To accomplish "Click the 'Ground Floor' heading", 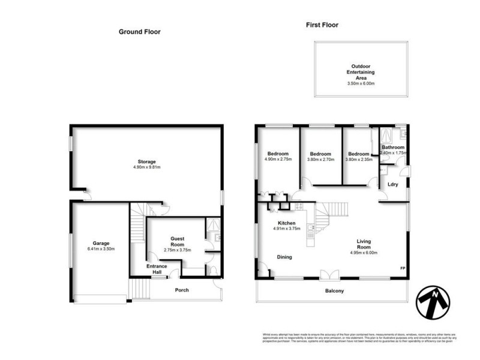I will [x=140, y=32].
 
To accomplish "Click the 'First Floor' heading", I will [x=322, y=25].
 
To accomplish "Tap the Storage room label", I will [x=147, y=161].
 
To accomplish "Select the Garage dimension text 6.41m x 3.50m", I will [x=99, y=249].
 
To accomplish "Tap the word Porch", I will [x=181, y=290].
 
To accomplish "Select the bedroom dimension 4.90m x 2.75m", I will [x=278, y=160].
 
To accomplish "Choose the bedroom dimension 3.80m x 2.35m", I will [x=358, y=160].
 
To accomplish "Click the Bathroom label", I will [x=394, y=148].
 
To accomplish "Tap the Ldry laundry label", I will [x=394, y=184].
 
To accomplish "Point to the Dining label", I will [x=284, y=257].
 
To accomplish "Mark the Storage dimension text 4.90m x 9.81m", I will [x=147, y=168].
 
